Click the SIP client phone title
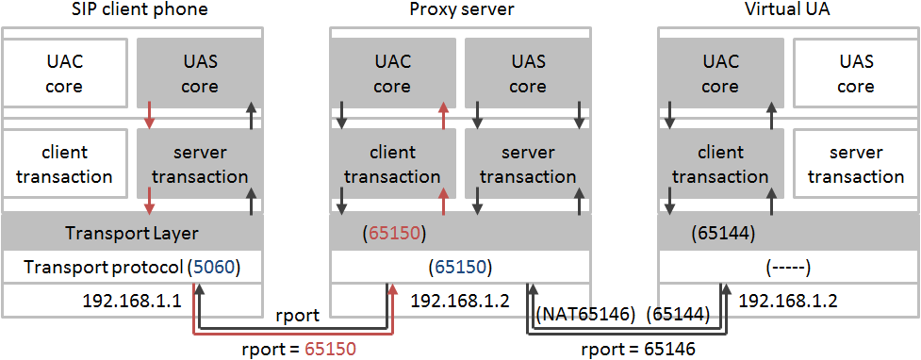pos(140,10)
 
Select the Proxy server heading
pos(461,10)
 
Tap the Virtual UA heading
pos(788,10)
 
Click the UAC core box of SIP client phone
pos(65,74)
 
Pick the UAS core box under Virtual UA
pos(856,74)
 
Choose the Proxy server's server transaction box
pos(528,164)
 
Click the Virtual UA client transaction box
pos(720,164)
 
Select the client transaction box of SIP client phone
pos(65,164)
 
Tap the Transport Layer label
pos(131,233)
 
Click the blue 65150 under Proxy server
pos(461,268)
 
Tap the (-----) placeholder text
pos(788,268)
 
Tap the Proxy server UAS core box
pos(528,74)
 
